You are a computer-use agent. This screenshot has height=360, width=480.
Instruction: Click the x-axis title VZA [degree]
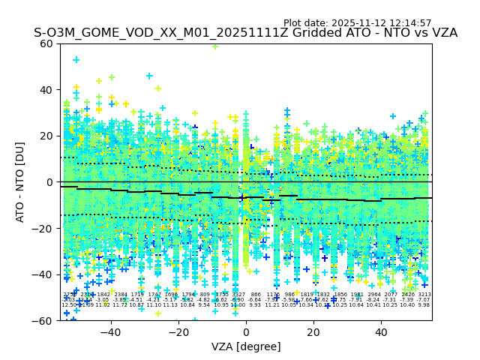click(246, 346)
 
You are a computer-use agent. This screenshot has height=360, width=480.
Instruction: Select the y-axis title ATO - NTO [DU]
click(20, 182)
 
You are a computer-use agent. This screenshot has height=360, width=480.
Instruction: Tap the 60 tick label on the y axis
click(47, 43)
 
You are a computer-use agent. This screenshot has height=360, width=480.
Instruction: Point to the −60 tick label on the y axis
click(43, 320)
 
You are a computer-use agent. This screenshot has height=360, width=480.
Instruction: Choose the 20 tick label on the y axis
click(47, 136)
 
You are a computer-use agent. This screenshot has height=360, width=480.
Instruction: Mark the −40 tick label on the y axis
click(43, 274)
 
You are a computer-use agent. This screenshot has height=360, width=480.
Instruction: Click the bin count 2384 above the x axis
click(120, 295)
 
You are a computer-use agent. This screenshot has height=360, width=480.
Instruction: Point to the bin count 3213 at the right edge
click(424, 295)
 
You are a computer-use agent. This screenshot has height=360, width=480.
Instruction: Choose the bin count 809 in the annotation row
click(205, 295)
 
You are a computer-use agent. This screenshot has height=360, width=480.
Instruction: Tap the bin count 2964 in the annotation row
click(373, 295)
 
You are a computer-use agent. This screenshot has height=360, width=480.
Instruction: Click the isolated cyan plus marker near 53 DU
click(76, 59)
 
